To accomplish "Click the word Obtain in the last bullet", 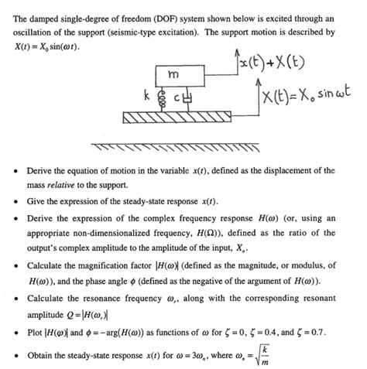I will [43, 357].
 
